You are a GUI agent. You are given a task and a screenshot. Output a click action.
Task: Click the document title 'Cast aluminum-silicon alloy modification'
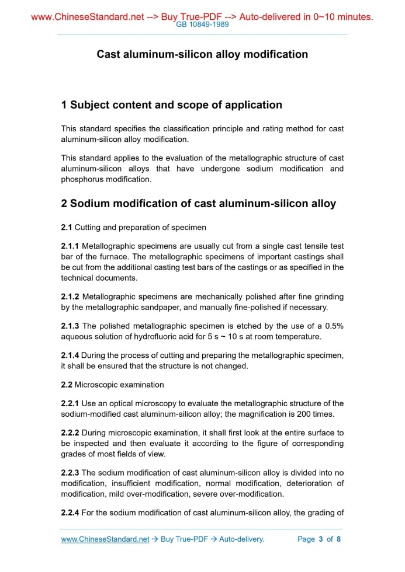[x=202, y=54]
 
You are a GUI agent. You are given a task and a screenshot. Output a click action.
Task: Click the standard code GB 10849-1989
[x=202, y=25]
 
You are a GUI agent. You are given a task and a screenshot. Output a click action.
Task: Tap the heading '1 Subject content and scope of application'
[x=171, y=105]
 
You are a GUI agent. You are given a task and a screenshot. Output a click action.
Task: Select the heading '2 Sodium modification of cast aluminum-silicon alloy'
[x=198, y=204]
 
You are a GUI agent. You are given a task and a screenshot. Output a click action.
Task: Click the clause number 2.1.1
[x=70, y=247]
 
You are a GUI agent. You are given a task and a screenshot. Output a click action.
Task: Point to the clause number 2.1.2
[x=70, y=297]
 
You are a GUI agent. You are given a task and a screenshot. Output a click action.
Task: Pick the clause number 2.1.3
[x=70, y=326]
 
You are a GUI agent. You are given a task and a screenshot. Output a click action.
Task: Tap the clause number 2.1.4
[x=70, y=355]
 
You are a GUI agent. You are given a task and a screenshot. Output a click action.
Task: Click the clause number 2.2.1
[x=70, y=403]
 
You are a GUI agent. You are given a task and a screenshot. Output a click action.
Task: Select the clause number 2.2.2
[x=70, y=433]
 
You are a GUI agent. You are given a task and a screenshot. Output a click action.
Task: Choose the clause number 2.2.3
[x=70, y=472]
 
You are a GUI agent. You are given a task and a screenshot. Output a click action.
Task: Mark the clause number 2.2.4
[x=70, y=513]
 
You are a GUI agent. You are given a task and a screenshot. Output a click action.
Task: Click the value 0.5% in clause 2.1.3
[x=334, y=326]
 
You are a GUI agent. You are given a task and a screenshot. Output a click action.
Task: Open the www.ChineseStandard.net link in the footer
[x=105, y=539]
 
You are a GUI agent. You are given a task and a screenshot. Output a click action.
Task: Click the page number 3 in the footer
[x=320, y=539]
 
